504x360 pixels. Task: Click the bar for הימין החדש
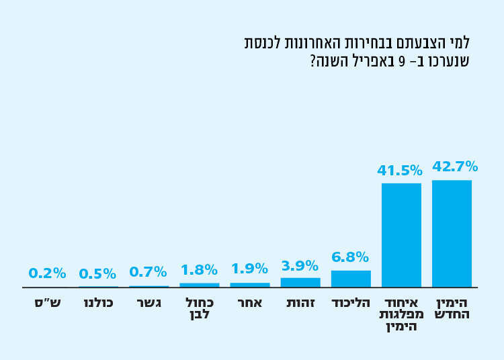[x=452, y=234]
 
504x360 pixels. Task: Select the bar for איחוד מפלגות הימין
[x=401, y=235]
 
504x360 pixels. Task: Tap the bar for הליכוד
[x=351, y=279]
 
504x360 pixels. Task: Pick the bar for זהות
[x=300, y=283]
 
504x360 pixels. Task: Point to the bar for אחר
[x=250, y=285]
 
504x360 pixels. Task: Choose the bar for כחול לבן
[x=200, y=285]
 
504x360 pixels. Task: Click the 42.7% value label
[x=455, y=167]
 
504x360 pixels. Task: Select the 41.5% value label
[x=400, y=171]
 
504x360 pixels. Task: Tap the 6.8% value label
[x=350, y=257]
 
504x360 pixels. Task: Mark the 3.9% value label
[x=300, y=266]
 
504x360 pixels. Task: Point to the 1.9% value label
[x=249, y=269]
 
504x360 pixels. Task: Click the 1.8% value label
[x=199, y=270]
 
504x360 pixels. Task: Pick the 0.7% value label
[x=148, y=272]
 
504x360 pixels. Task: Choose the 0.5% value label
[x=97, y=274]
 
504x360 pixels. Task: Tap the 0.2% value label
[x=47, y=273]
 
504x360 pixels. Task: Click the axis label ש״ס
[x=48, y=303]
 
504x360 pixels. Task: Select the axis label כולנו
[x=98, y=303]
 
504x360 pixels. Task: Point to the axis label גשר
[x=149, y=303]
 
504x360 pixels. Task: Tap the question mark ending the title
[x=313, y=62]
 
